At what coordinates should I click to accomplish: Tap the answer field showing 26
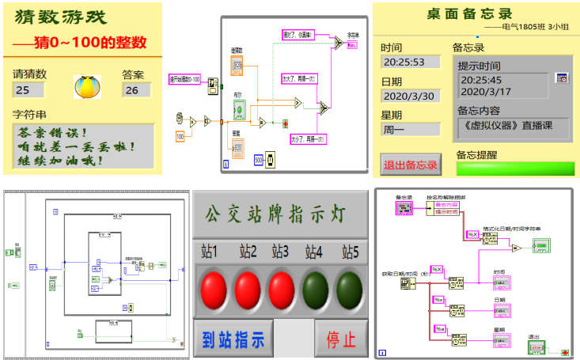pyautogui.click(x=136, y=90)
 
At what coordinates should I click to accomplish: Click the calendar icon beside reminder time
pyautogui.click(x=562, y=78)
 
